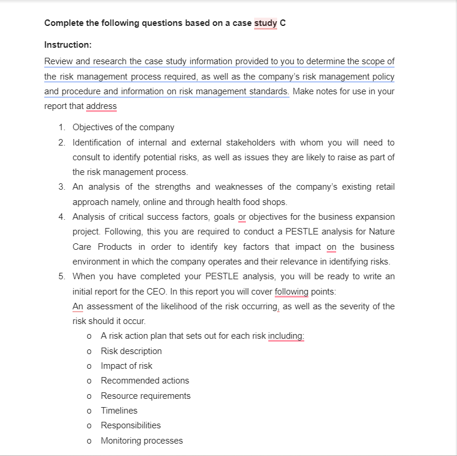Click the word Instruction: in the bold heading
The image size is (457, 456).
pyautogui.click(x=68, y=45)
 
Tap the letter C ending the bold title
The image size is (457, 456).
pyautogui.click(x=283, y=24)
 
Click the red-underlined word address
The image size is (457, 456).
pyautogui.click(x=101, y=107)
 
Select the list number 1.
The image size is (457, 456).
pyautogui.click(x=62, y=127)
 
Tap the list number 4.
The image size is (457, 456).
pyautogui.click(x=62, y=217)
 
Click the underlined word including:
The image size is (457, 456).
pyautogui.click(x=286, y=336)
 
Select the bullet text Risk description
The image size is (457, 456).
pyautogui.click(x=131, y=351)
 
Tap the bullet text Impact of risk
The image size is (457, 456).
pyautogui.click(x=126, y=366)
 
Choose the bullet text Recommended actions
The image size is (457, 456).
pyautogui.click(x=145, y=381)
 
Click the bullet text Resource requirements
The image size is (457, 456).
pyautogui.click(x=146, y=396)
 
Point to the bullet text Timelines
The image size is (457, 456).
pyautogui.click(x=119, y=411)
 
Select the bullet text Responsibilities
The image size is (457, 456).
pyautogui.click(x=131, y=425)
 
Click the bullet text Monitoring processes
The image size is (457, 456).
pyautogui.click(x=142, y=441)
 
